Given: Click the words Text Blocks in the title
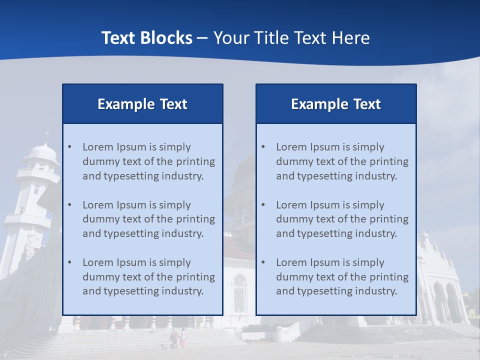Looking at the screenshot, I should (146, 38).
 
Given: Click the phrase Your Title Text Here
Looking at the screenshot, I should (291, 38).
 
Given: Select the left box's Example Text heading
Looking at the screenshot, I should (142, 104).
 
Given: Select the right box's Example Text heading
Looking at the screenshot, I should (336, 104).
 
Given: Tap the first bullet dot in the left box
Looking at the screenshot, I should (69, 147).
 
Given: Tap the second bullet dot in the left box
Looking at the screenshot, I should (69, 205).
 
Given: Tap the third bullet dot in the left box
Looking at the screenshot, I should (69, 262).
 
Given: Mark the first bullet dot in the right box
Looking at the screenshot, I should (263, 147).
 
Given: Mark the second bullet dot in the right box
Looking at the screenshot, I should (263, 205).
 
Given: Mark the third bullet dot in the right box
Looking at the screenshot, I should (263, 262).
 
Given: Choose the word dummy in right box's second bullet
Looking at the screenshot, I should (292, 219).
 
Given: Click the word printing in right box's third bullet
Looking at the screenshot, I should (390, 277).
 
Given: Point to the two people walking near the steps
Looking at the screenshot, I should (178, 337).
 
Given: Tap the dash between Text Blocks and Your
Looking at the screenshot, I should (202, 38).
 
